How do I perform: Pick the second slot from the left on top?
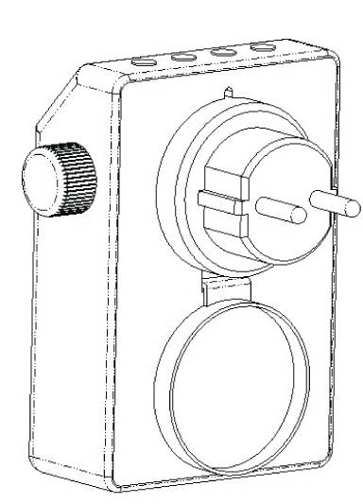coord(183,57)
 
